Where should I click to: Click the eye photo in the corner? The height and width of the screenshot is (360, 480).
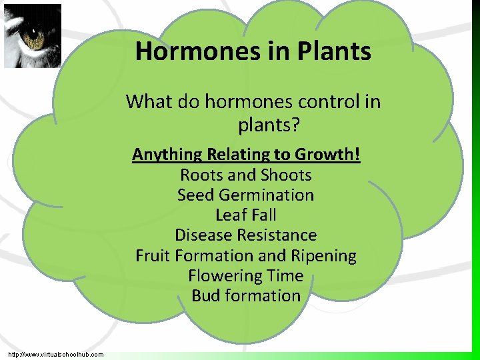33,36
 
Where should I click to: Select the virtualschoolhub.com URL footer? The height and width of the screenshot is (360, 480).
56,354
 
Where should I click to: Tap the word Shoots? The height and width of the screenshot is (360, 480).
288,175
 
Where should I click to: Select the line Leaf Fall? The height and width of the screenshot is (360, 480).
245,215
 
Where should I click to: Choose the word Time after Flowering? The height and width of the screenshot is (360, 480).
285,276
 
